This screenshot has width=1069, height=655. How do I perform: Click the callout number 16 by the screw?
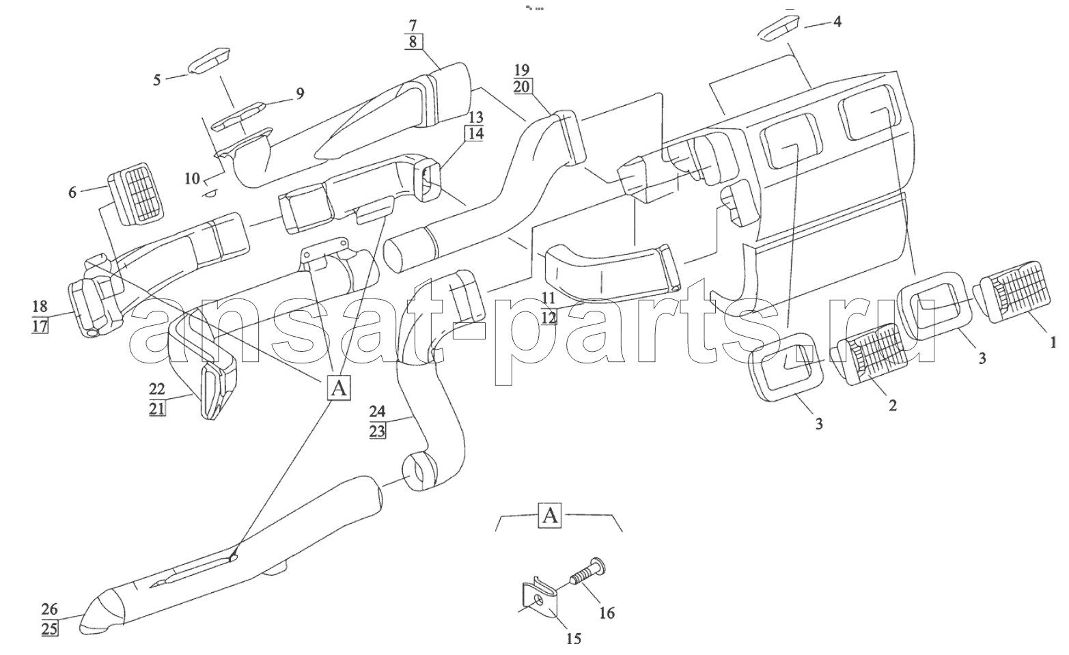[x=606, y=613]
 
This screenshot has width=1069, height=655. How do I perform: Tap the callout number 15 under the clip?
[x=574, y=639]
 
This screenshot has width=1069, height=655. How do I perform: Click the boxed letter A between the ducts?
[x=339, y=388]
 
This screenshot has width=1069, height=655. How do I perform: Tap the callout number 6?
[x=72, y=192]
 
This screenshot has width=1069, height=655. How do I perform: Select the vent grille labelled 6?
[x=139, y=194]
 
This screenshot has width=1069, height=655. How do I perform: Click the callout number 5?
[x=157, y=80]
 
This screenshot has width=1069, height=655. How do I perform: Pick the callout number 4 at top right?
[x=837, y=21]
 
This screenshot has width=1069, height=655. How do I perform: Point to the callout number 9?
[x=300, y=93]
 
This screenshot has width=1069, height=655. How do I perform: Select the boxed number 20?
[x=522, y=86]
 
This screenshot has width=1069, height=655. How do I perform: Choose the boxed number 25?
[x=49, y=629]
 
